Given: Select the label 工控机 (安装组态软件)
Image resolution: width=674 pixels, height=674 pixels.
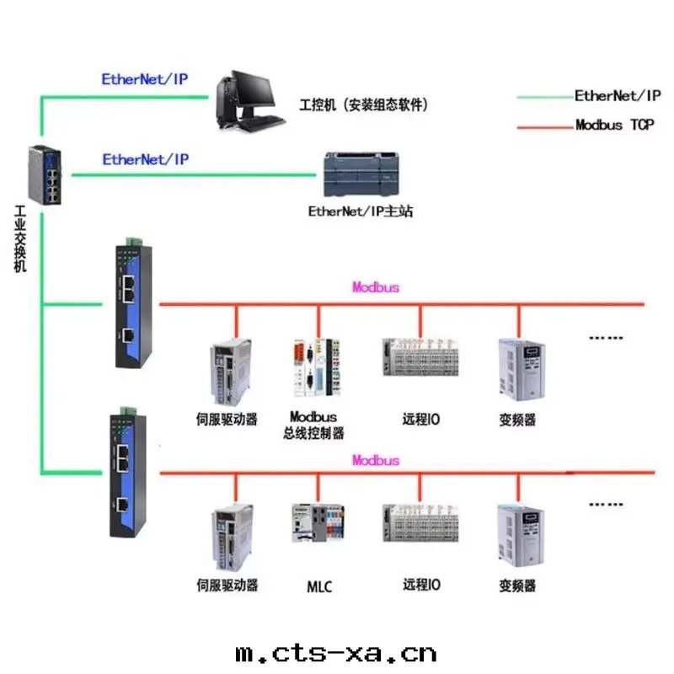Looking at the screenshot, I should point(364,105).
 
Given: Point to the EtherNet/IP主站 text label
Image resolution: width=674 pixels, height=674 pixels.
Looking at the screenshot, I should point(361,211).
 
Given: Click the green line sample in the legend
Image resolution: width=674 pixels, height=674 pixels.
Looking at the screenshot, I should point(543,97).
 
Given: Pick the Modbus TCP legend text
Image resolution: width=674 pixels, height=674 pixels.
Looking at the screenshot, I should point(614,125).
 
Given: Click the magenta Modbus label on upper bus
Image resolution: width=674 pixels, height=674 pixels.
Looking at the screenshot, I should point(376,287).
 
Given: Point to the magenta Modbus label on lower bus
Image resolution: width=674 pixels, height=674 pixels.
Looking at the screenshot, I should point(376,461).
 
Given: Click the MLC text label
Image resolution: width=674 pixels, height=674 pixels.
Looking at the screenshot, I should point(318,586).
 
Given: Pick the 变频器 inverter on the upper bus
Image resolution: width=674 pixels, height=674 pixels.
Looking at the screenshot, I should point(516,367).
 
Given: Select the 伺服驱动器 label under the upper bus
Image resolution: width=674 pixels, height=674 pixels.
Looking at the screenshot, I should point(227,419).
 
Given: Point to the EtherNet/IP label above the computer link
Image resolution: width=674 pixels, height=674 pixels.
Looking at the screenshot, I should point(145,80).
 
